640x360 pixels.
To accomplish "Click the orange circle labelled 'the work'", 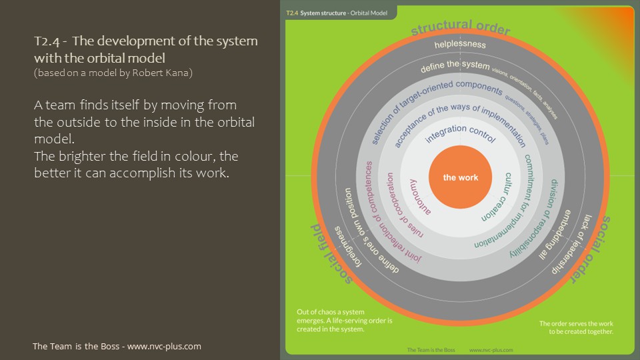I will [x=459, y=177].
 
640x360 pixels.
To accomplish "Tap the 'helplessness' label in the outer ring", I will [x=460, y=45].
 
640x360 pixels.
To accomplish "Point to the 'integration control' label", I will [x=460, y=133].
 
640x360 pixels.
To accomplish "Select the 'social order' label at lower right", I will [x=595, y=247].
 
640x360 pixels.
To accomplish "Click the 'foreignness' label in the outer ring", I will [x=349, y=250].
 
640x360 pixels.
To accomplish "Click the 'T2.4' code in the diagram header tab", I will [x=291, y=13].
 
